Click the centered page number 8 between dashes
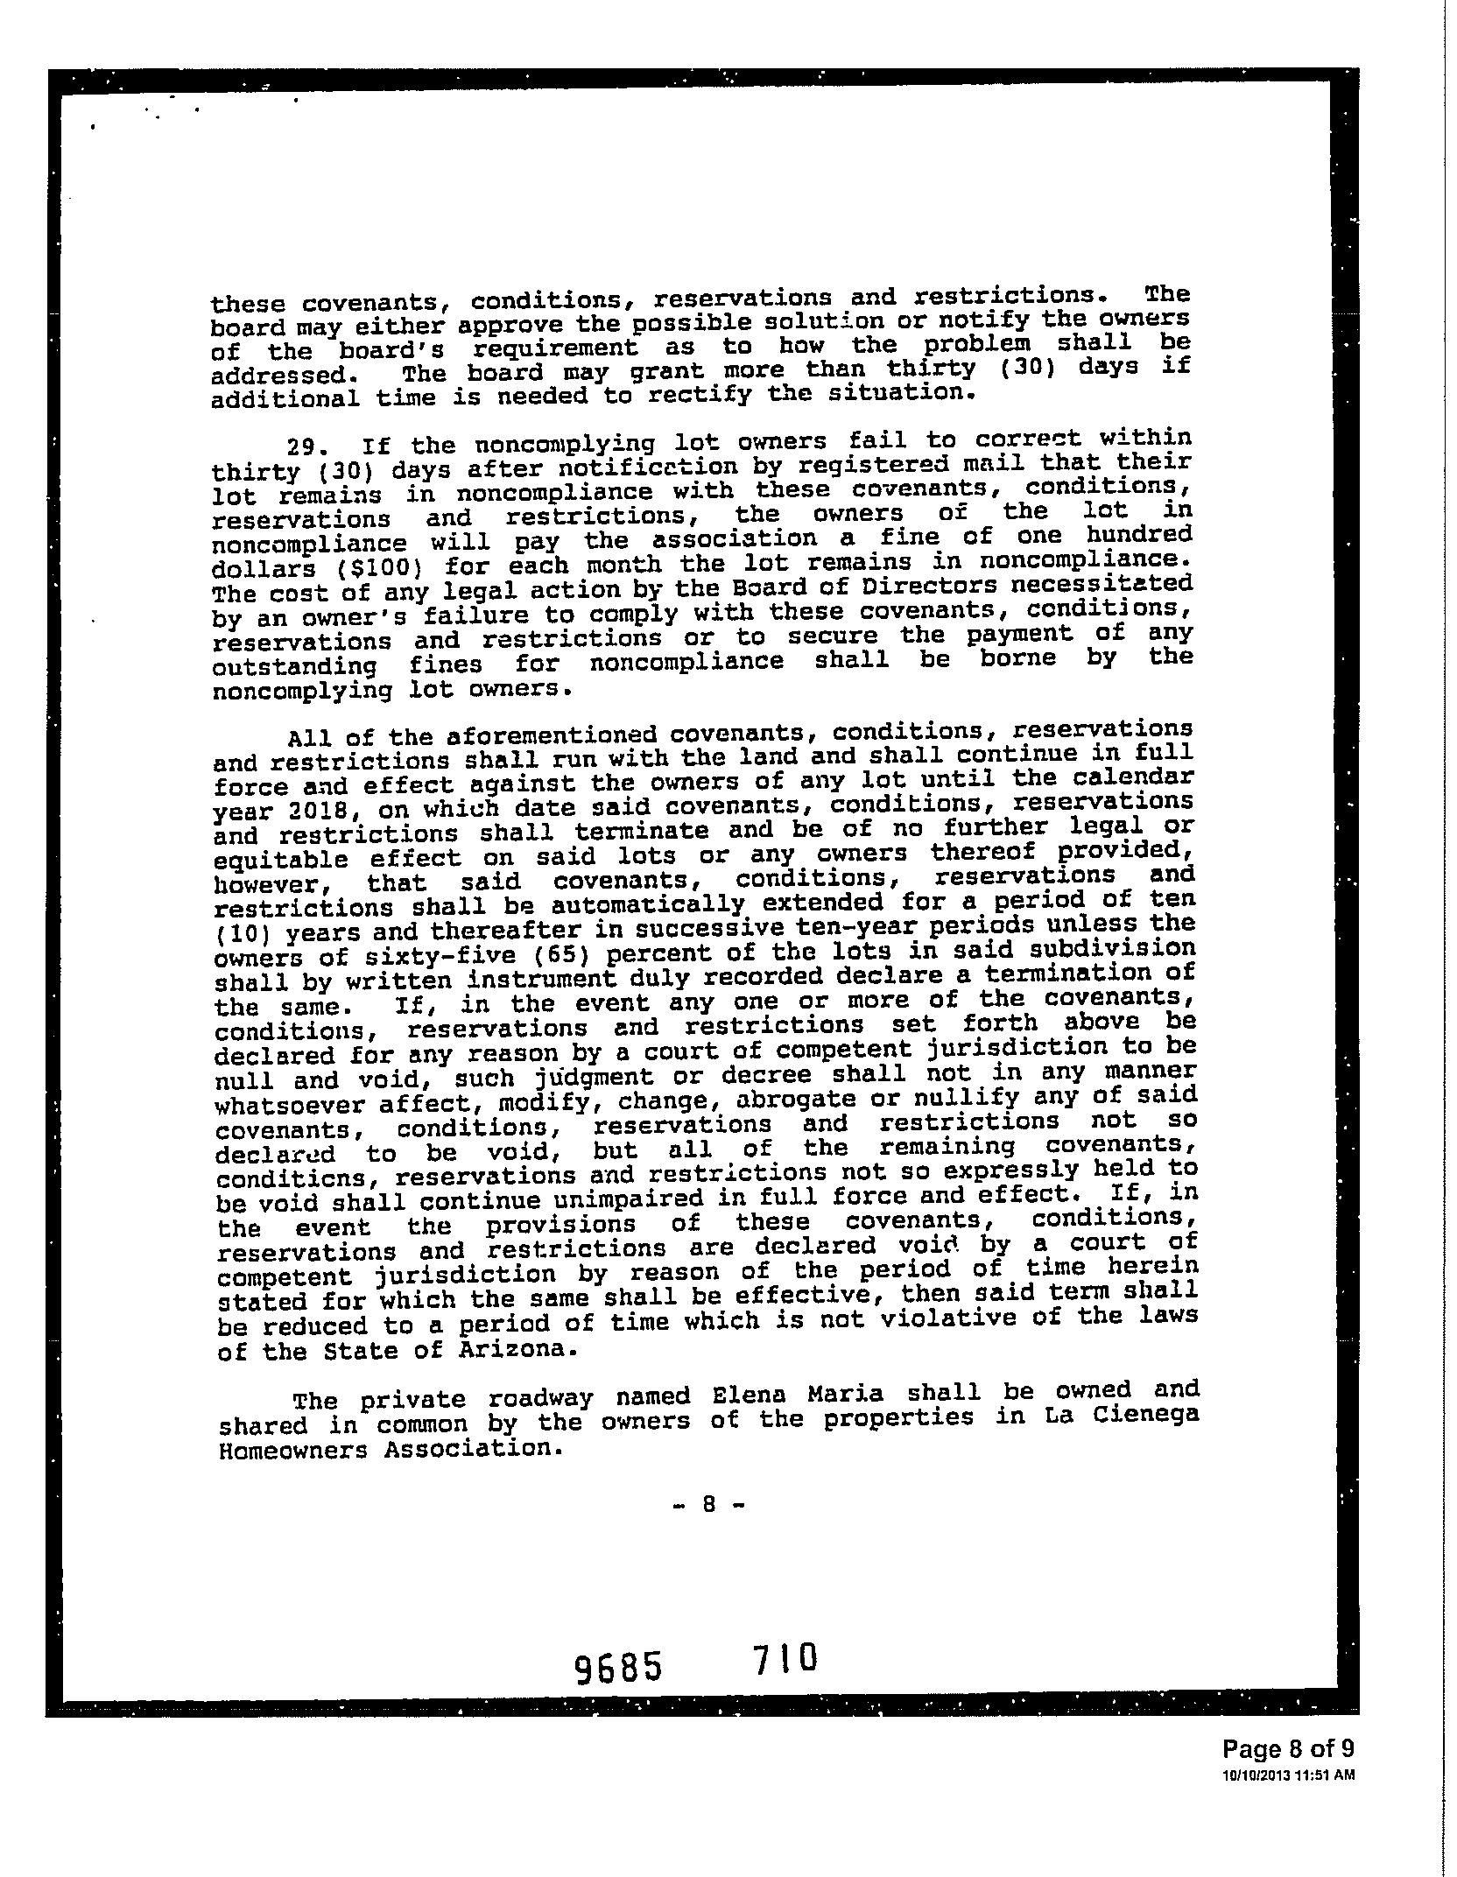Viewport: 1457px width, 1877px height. [x=710, y=1504]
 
